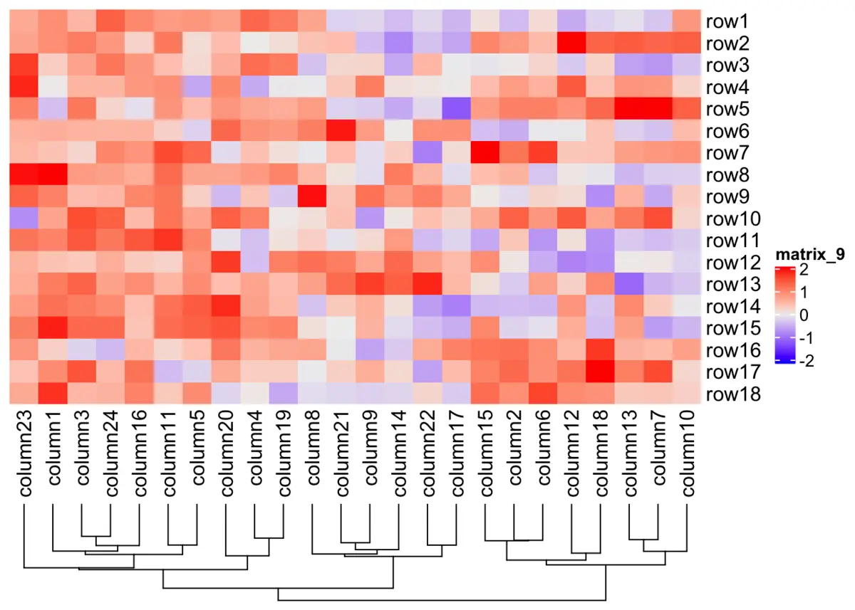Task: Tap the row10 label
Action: coord(729,219)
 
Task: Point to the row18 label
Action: coord(729,394)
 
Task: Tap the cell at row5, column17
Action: coord(457,110)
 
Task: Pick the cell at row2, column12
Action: coord(572,43)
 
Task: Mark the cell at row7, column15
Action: coord(486,153)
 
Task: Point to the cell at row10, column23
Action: coord(26,219)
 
